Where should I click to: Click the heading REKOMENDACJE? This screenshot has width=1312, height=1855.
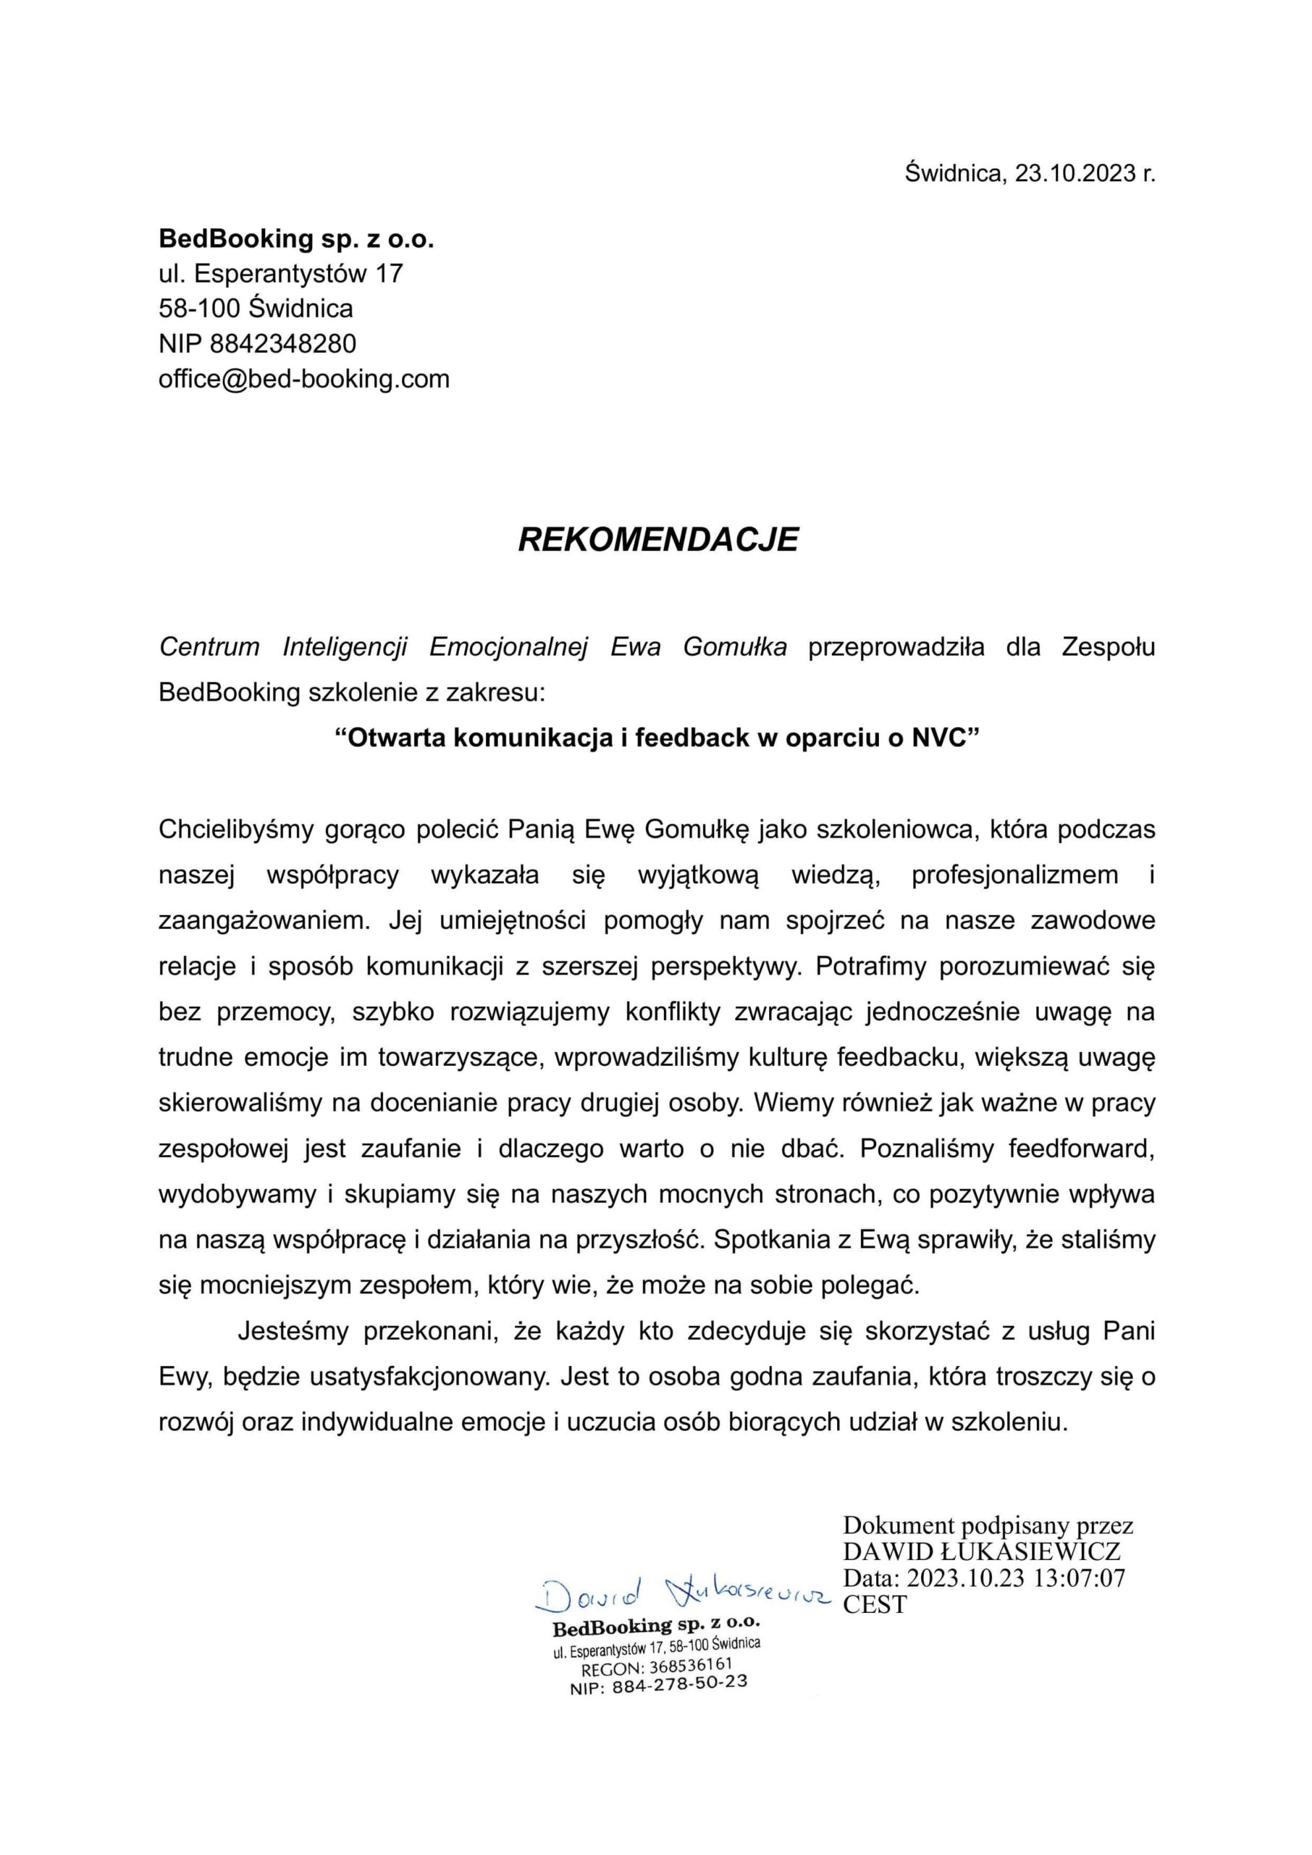point(657,539)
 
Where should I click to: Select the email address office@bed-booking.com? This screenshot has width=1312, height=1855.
point(304,378)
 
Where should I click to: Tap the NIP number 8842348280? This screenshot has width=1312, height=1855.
point(283,343)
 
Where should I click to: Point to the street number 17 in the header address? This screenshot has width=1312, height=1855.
point(389,273)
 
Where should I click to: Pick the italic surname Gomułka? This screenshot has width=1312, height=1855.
point(734,647)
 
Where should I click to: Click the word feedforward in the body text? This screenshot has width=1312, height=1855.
point(1082,1149)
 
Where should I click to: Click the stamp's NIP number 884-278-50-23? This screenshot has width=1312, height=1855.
point(679,1685)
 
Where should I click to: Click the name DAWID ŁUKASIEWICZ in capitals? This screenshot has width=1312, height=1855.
point(982,1551)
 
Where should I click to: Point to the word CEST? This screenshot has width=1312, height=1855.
point(875,1604)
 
